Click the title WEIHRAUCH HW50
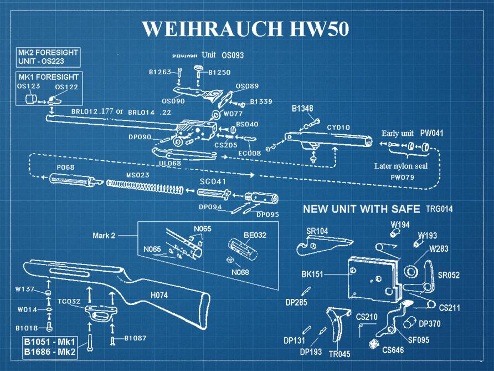click(x=245, y=28)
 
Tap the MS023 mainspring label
click(x=137, y=175)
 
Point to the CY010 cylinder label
click(x=338, y=128)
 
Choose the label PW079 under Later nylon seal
click(x=403, y=177)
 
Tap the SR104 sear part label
click(x=317, y=231)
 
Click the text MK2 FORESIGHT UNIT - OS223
click(x=48, y=56)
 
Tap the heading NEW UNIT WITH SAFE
click(x=362, y=209)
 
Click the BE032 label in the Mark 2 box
click(x=255, y=235)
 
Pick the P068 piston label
click(x=65, y=167)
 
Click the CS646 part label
click(x=393, y=350)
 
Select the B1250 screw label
click(x=219, y=72)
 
